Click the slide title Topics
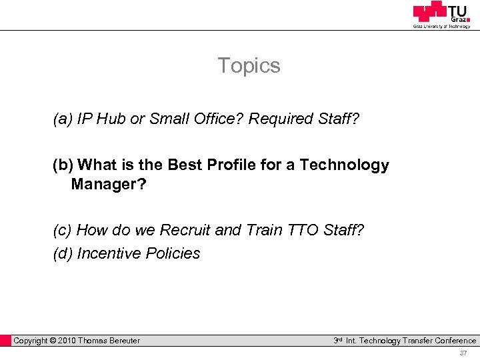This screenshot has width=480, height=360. coord(249,66)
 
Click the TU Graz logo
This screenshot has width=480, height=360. coord(441,15)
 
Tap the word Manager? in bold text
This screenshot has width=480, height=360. coord(109,184)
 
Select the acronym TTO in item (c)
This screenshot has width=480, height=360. coord(303,231)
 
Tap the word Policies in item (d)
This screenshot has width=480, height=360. coord(173,254)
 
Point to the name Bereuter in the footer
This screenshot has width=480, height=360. coord(121,341)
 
